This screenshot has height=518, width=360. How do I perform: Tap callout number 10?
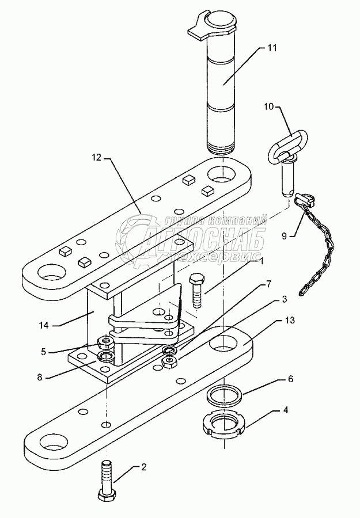[269, 107]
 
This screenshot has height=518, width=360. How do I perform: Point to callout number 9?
[285, 236]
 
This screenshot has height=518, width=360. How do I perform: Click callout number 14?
[43, 325]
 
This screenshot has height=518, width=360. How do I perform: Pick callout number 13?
[290, 321]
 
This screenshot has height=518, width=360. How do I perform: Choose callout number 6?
[290, 379]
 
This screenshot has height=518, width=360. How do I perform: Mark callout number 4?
[286, 410]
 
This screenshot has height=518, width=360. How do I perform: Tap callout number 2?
[143, 467]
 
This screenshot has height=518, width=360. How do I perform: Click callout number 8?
[40, 377]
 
